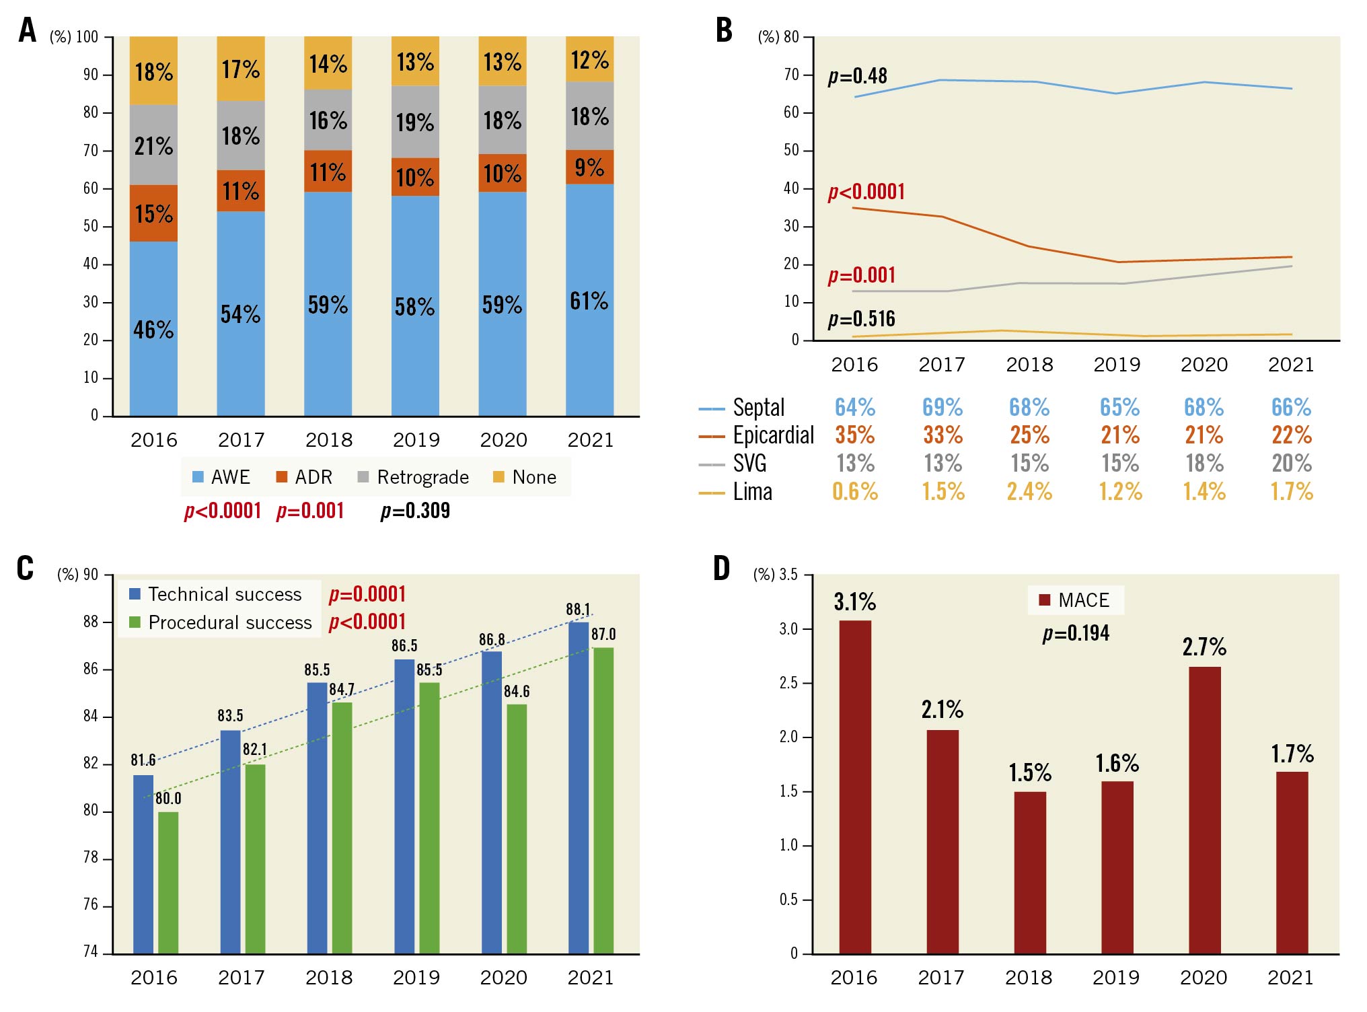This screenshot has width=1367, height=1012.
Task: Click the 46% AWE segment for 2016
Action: click(153, 329)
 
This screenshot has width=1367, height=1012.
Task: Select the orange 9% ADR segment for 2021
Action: click(589, 167)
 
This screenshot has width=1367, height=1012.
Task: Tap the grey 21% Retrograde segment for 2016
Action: click(153, 145)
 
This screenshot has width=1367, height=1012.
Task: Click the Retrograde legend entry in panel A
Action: click(413, 477)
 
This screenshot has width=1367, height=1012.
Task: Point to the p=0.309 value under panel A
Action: click(415, 511)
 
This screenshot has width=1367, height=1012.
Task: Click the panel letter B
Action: click(724, 30)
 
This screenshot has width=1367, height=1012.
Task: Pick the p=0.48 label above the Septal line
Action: click(857, 76)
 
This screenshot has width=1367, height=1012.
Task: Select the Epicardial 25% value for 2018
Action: click(1029, 435)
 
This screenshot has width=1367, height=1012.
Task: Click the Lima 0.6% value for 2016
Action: click(854, 492)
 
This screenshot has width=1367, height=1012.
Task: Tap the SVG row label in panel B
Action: click(749, 464)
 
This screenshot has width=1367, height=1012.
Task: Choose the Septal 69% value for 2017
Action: click(942, 407)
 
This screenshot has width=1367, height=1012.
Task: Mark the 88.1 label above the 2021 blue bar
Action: click(578, 610)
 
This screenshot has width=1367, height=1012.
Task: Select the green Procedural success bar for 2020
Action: click(517, 828)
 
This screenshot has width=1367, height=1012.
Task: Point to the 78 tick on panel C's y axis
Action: click(91, 858)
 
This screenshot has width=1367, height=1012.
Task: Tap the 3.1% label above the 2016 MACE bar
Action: click(854, 602)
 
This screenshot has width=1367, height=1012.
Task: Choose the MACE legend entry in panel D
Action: click(1074, 600)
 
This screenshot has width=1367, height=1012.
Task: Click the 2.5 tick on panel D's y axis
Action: click(788, 683)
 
